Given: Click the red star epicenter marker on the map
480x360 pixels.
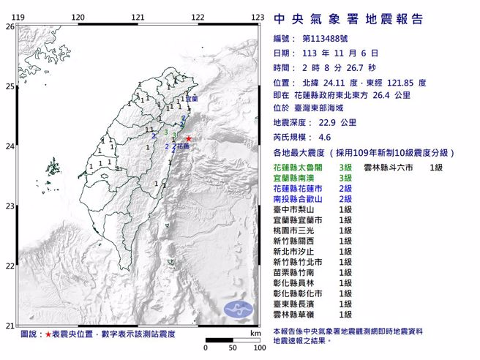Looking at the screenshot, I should pos(188,138).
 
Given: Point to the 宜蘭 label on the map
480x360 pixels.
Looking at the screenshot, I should pos(191,98).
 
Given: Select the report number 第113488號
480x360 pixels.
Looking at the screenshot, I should pos(326,39).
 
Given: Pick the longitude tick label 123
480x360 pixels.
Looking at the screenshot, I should pos(257,16).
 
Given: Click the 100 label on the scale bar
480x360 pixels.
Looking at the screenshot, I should pos(258,348).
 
